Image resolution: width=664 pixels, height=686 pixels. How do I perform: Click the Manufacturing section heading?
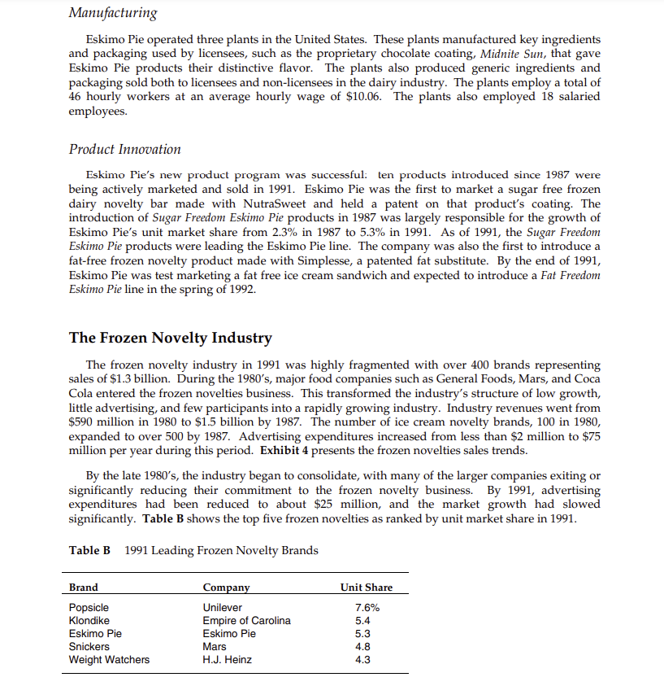click(x=113, y=13)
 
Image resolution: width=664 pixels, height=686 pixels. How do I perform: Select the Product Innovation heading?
click(x=124, y=149)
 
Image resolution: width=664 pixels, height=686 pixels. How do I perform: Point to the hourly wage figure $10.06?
click(x=365, y=97)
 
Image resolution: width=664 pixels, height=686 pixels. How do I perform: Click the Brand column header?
click(x=84, y=588)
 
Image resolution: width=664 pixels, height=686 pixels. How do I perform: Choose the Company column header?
click(x=226, y=588)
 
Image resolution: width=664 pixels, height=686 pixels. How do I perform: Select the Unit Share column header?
click(x=366, y=588)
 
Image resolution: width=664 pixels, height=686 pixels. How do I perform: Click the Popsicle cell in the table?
click(x=89, y=608)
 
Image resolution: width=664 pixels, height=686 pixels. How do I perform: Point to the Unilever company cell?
click(x=222, y=608)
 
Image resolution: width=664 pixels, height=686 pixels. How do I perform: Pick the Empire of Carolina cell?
click(x=246, y=621)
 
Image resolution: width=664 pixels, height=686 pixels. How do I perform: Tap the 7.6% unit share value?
click(x=367, y=608)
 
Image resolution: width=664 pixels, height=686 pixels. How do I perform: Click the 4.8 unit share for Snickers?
click(x=363, y=647)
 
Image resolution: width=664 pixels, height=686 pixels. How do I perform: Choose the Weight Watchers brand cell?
click(x=109, y=660)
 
